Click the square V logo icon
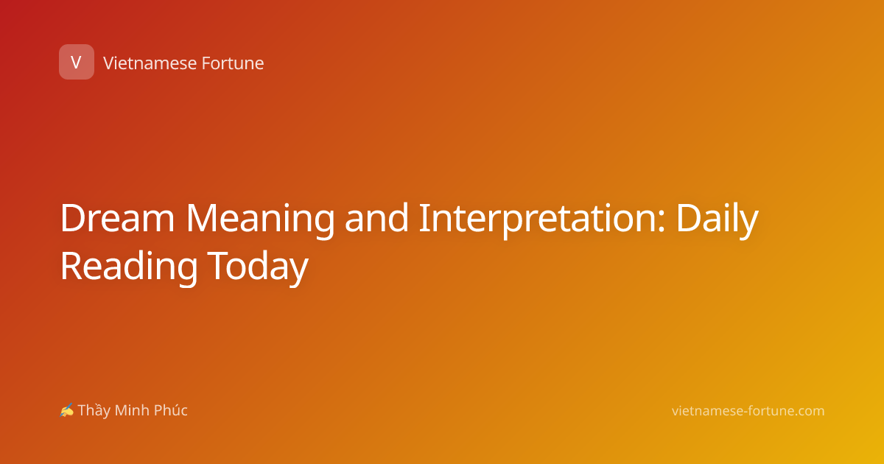tap(77, 62)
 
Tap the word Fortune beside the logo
tap(233, 63)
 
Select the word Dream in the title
tap(117, 218)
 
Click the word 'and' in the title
tap(376, 217)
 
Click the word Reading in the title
tap(129, 268)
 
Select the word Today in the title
tap(258, 268)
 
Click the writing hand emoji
tap(67, 410)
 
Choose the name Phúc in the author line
tap(170, 410)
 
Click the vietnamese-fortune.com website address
tap(748, 411)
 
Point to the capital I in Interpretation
tap(424, 218)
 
